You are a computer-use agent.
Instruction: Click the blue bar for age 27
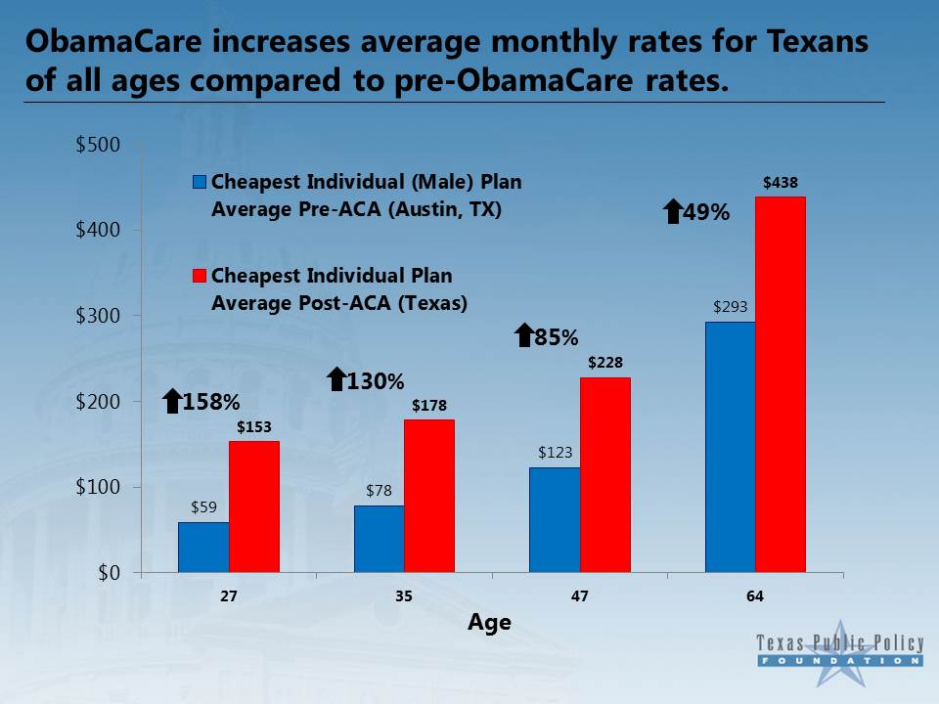click(x=203, y=548)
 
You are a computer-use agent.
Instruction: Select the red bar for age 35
click(x=429, y=497)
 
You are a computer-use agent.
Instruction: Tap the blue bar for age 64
click(x=731, y=447)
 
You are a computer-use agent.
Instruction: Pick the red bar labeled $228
click(x=605, y=475)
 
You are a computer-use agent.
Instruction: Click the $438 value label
click(x=781, y=183)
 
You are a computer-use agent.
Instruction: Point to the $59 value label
click(x=203, y=507)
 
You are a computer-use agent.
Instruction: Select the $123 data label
click(x=556, y=452)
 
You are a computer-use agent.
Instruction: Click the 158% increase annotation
click(x=201, y=401)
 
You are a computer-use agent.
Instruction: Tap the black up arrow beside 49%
click(x=674, y=211)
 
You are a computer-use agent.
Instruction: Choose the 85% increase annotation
click(x=547, y=336)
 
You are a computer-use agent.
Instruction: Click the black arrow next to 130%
click(x=337, y=379)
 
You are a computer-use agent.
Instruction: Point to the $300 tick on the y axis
click(x=98, y=316)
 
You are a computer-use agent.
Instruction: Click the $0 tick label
click(x=109, y=573)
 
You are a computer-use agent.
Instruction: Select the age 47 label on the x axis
click(x=580, y=596)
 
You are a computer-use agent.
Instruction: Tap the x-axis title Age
click(x=489, y=623)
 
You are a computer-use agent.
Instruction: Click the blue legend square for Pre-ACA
click(x=200, y=182)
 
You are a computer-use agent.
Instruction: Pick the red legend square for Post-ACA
click(x=200, y=276)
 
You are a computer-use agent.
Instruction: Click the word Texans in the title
click(x=818, y=42)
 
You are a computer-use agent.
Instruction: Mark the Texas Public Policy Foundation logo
click(x=840, y=652)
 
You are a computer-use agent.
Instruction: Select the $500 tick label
click(x=98, y=145)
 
